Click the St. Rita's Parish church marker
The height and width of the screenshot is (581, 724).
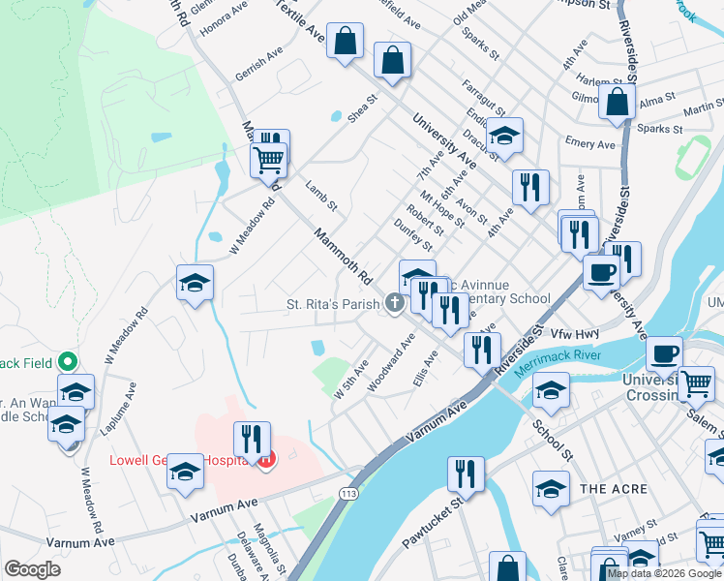(394, 304)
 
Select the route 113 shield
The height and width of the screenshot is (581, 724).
(347, 494)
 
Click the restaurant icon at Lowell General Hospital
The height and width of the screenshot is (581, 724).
(251, 439)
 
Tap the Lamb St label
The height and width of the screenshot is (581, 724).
(320, 194)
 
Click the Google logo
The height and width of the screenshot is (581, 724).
(32, 569)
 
